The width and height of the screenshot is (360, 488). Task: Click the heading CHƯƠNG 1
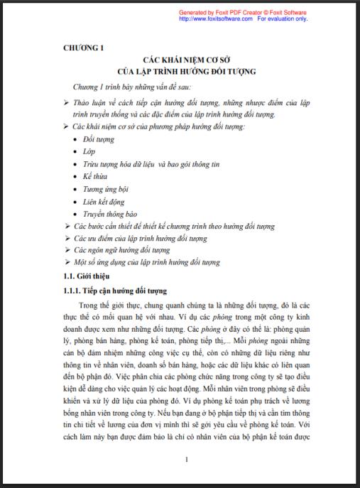84,48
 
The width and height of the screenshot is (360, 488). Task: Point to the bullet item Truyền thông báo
110,214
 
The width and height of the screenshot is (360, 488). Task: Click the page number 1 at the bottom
186,459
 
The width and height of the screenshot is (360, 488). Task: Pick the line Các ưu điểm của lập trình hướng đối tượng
141,238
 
